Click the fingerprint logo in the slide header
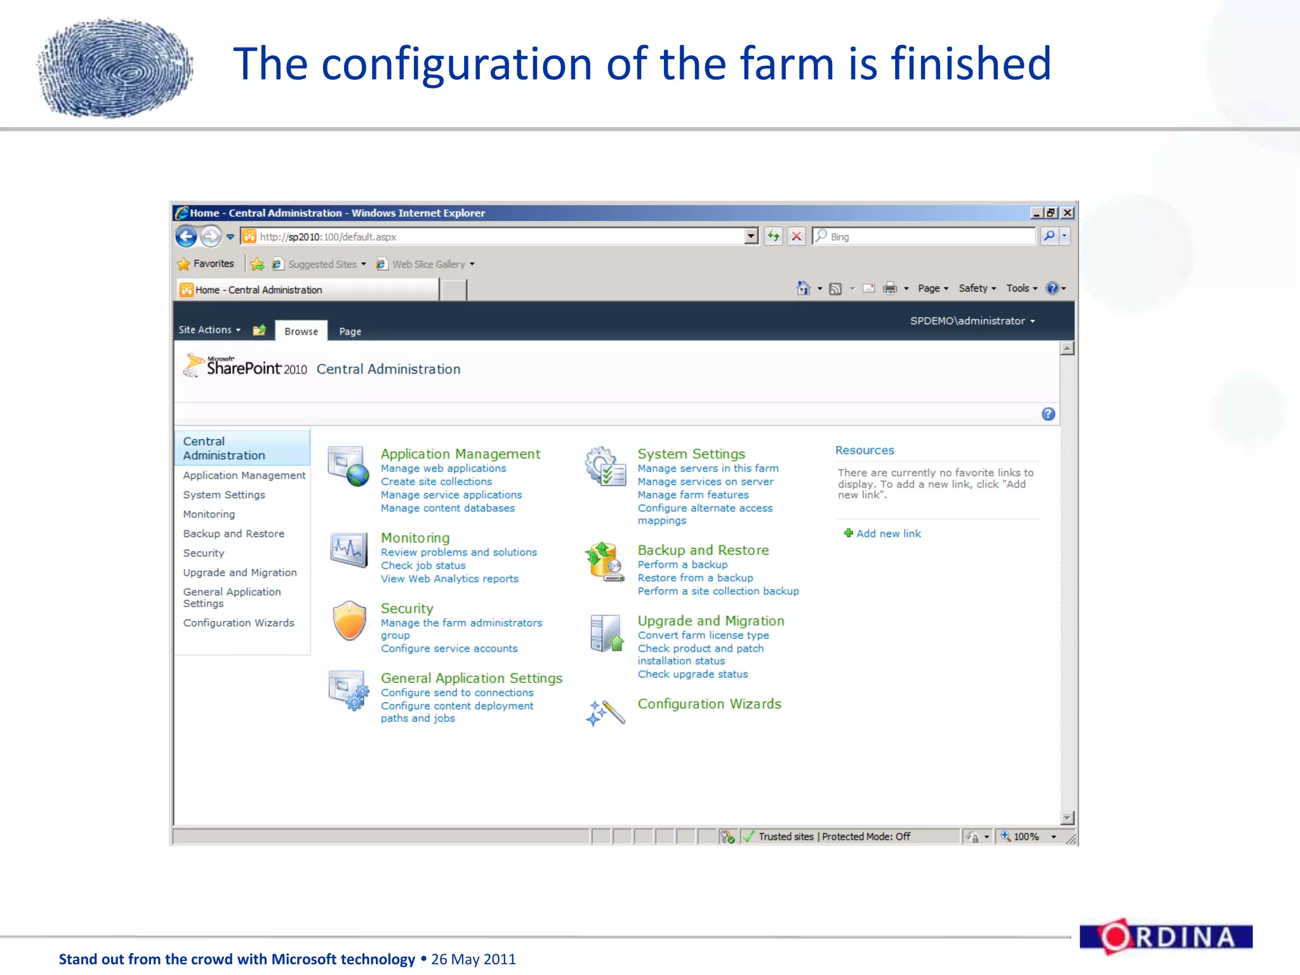115,67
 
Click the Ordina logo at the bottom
1165,937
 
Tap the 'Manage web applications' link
443,468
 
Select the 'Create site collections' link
436,482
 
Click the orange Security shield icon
349,620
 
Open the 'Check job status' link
423,566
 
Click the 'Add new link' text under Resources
888,534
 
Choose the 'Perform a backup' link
682,565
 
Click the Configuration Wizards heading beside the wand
709,704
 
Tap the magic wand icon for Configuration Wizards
605,713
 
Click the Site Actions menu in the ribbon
209,330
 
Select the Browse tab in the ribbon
301,331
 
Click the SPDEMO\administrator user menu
972,321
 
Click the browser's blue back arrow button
186,237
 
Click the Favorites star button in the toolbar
206,264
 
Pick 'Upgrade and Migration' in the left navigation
239,573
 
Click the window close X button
1068,213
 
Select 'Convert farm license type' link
703,635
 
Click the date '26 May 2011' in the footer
474,959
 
